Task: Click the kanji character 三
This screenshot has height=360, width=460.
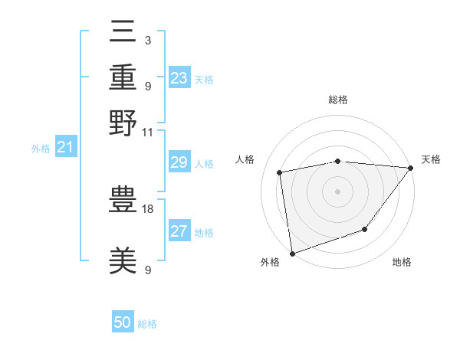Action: pyautogui.click(x=123, y=33)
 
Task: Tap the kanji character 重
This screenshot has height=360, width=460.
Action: pyautogui.click(x=123, y=77)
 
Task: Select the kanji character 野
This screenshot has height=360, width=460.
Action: pyautogui.click(x=123, y=122)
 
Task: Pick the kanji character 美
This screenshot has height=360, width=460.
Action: pyautogui.click(x=123, y=260)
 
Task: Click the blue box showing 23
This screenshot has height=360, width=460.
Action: pyautogui.click(x=179, y=77)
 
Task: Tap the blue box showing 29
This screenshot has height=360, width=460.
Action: pyautogui.click(x=179, y=162)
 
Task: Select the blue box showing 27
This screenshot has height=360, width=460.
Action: pyautogui.click(x=179, y=231)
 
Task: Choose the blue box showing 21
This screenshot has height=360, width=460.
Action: pyautogui.click(x=64, y=147)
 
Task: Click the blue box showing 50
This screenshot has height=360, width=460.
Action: pyautogui.click(x=123, y=322)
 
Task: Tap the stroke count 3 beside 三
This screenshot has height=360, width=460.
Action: pyautogui.click(x=147, y=40)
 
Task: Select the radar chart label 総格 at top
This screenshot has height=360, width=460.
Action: pyautogui.click(x=337, y=100)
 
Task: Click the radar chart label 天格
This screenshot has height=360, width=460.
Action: pyautogui.click(x=431, y=159)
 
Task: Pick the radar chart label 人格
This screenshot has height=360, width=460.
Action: pyautogui.click(x=245, y=159)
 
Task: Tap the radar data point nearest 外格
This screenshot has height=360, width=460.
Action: pyautogui.click(x=292, y=253)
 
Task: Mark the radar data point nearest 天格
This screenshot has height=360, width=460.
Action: pyautogui.click(x=411, y=168)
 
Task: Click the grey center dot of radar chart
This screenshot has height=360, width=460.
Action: pyautogui.click(x=337, y=191)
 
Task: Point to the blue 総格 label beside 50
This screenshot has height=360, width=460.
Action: pyautogui.click(x=147, y=324)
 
